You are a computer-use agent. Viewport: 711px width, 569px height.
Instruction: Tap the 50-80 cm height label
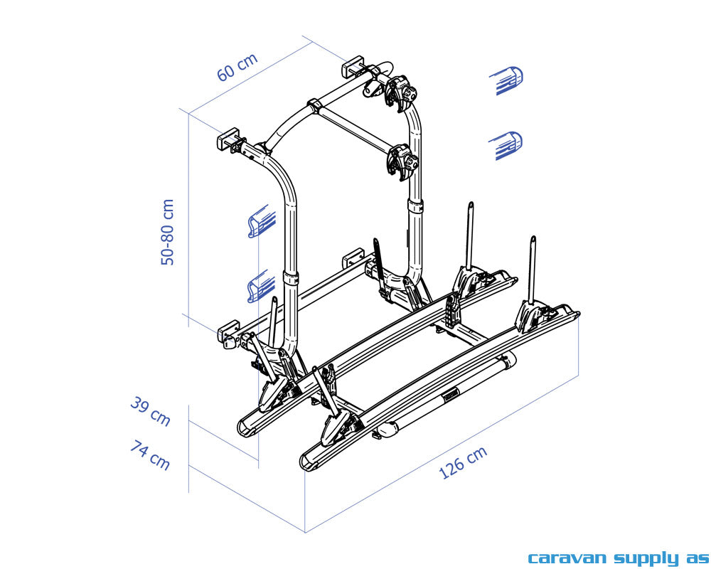[x=168, y=232]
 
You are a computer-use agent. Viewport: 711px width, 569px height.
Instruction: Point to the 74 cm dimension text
[x=150, y=454]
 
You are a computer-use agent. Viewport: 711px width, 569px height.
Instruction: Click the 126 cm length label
[x=463, y=462]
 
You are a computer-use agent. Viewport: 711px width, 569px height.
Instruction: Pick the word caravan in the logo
[x=566, y=558]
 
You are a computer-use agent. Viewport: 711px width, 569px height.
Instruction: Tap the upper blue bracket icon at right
[x=509, y=80]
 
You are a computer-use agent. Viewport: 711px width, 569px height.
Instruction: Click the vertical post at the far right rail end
[x=532, y=270]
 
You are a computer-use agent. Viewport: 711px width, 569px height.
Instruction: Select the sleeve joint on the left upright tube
[x=291, y=277]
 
